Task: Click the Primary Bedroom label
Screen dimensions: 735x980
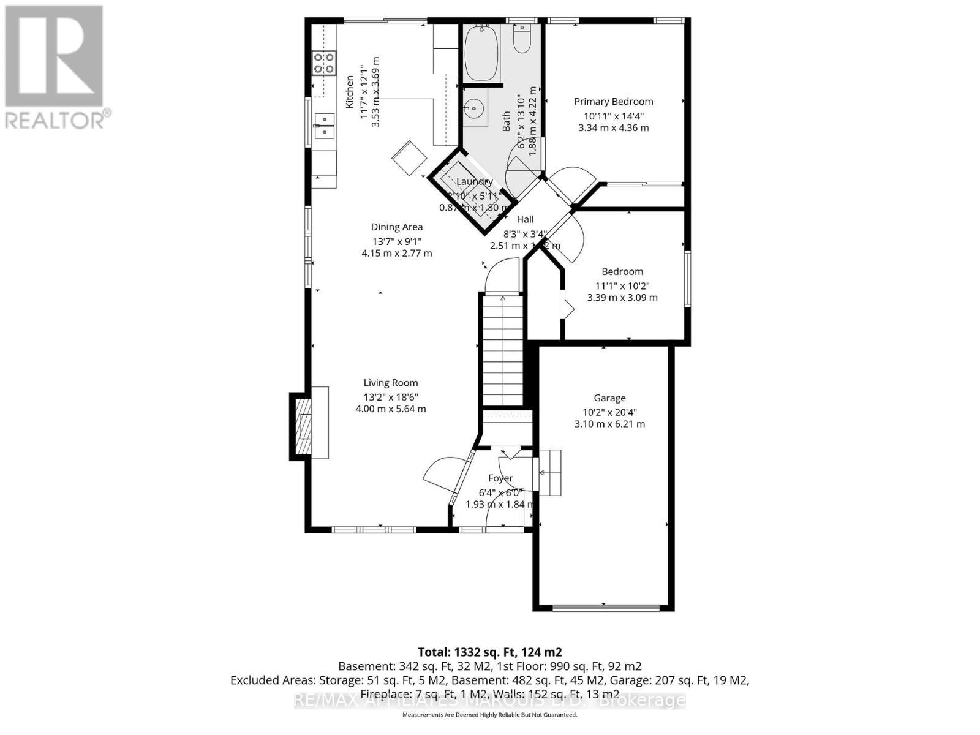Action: tap(613, 102)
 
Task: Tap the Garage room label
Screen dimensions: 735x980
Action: tap(609, 398)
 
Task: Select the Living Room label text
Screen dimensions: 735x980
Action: tap(391, 383)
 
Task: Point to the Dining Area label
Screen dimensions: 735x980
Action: tap(397, 227)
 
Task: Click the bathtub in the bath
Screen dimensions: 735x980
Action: tap(482, 53)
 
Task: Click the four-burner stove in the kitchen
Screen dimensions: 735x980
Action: tap(324, 63)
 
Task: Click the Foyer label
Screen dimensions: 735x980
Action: tap(500, 478)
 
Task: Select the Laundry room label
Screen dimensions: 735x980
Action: tap(475, 182)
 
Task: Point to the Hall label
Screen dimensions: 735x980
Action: tap(525, 220)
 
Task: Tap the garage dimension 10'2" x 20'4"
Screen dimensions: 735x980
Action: tap(609, 412)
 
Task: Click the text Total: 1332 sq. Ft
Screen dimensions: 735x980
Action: tap(489, 652)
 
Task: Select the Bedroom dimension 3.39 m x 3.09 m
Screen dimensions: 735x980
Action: tap(622, 298)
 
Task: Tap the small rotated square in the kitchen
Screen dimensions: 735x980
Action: tap(410, 157)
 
